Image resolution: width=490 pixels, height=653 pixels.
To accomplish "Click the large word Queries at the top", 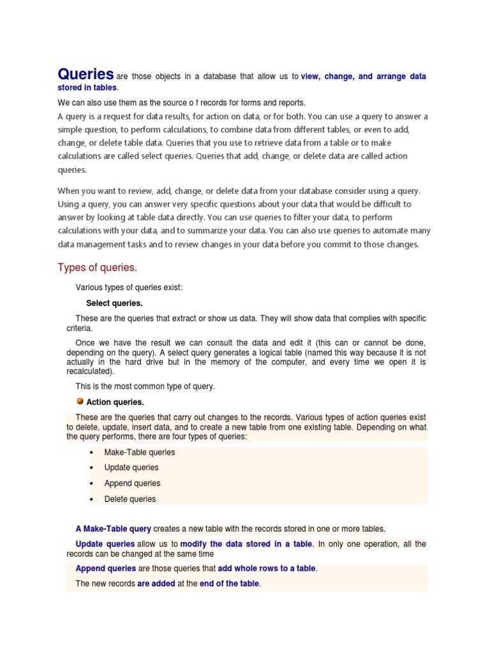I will [x=85, y=74].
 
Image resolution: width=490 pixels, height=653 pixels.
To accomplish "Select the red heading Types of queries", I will [x=97, y=267].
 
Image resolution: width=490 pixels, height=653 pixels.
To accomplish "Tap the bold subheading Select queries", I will [x=114, y=303].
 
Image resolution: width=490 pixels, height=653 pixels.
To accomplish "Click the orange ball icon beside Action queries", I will [x=80, y=401].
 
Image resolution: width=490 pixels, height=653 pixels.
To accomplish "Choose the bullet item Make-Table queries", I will [x=139, y=452].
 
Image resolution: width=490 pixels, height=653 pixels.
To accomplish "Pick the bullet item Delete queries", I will [x=130, y=499].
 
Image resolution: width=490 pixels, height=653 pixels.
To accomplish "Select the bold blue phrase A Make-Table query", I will [x=113, y=529].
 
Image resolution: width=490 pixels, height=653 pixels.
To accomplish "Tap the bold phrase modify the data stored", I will [x=246, y=544].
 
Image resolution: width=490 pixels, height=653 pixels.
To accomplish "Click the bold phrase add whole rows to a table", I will [x=267, y=568].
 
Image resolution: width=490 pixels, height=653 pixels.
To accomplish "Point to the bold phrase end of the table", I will [x=229, y=583].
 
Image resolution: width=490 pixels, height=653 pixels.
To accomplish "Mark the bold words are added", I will [x=156, y=583].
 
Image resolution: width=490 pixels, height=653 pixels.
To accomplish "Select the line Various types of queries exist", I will [x=129, y=288].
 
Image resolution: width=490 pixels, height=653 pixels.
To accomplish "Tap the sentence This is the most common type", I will [x=145, y=386].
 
